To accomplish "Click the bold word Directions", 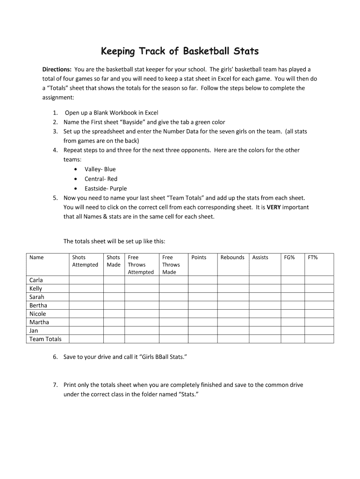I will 57,69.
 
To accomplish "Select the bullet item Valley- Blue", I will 100,169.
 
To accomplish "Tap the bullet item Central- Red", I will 101,179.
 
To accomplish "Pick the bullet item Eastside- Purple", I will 106,189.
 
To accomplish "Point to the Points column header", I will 199,257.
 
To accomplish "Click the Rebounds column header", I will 232,257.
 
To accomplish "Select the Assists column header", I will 260,257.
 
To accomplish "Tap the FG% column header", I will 289,257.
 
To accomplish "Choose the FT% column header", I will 312,257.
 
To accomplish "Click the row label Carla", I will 36,280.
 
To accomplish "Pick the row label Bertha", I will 38,305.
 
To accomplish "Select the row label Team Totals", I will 45,339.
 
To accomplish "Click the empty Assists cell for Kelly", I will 263,289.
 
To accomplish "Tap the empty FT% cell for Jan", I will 319,331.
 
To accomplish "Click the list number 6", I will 55,357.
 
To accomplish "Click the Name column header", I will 36,257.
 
